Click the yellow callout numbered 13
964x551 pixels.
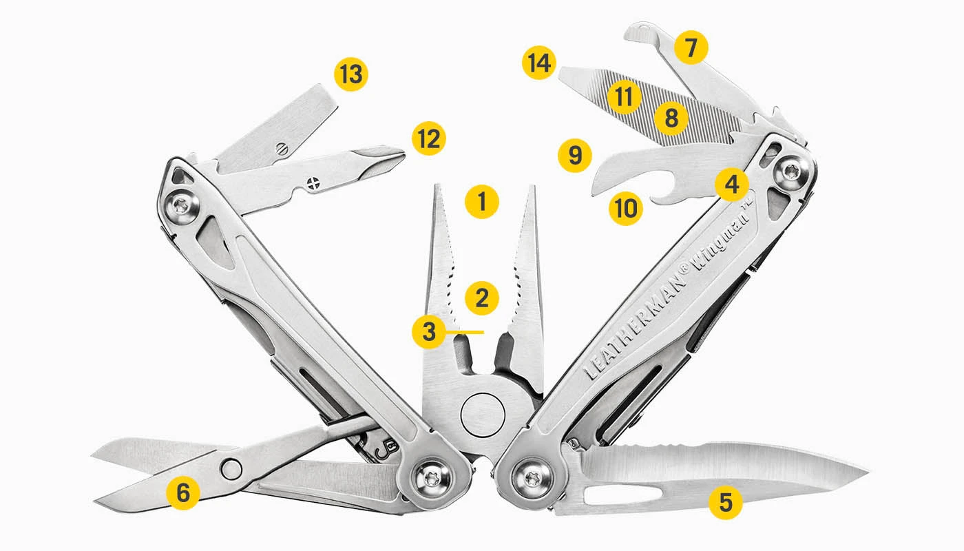(x=351, y=74)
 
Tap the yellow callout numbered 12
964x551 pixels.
(x=429, y=138)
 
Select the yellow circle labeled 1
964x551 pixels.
(x=481, y=202)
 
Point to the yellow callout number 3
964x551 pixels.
(x=430, y=331)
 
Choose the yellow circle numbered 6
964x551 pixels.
(x=182, y=492)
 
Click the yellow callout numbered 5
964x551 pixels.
(x=726, y=502)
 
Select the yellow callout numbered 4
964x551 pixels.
(x=731, y=184)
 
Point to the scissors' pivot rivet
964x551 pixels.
(x=232, y=469)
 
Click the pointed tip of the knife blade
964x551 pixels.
(x=866, y=471)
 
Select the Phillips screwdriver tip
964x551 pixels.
(x=396, y=156)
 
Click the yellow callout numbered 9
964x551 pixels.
(x=575, y=156)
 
